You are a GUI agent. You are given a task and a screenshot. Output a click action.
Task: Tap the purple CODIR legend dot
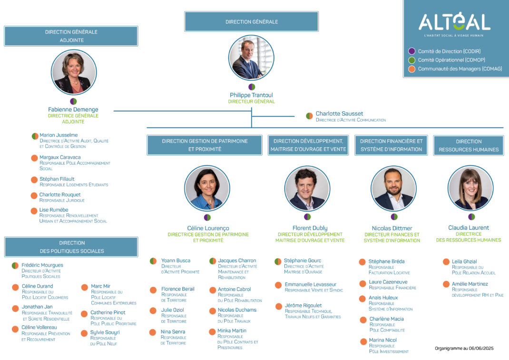pyautogui.click(x=411, y=51)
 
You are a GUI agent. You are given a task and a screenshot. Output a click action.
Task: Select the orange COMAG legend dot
pyautogui.click(x=411, y=69)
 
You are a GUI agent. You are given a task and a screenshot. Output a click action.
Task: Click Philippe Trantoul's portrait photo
pyautogui.click(x=251, y=58)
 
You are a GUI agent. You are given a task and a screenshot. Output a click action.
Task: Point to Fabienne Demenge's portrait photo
pyautogui.click(x=74, y=72)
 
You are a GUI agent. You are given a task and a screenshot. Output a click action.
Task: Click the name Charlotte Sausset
pyautogui.click(x=339, y=114)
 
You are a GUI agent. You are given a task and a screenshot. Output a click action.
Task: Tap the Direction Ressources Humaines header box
pyautogui.click(x=469, y=146)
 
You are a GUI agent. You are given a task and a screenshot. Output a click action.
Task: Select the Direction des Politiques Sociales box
pyautogui.click(x=71, y=247)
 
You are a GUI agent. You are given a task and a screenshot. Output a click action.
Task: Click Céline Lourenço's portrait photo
pyautogui.click(x=207, y=188)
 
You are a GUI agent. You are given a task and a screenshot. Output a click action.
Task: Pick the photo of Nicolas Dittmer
pyautogui.click(x=393, y=188)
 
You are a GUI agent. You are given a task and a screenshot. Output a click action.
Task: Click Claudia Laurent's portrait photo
pyautogui.click(x=470, y=188)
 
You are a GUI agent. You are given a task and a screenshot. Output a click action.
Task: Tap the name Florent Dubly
pyautogui.click(x=310, y=228)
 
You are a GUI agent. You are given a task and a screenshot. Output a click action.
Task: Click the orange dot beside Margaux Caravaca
pyautogui.click(x=34, y=158)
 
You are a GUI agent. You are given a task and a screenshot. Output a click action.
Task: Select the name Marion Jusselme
pyautogui.click(x=59, y=135)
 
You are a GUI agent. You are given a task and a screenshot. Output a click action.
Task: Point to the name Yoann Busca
pyautogui.click(x=176, y=260)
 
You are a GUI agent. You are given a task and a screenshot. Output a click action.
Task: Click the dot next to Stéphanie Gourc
pyautogui.click(x=278, y=261)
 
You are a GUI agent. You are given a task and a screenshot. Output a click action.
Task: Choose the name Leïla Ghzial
pyautogui.click(x=464, y=261)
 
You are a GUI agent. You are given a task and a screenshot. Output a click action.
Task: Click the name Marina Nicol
pyautogui.click(x=383, y=340)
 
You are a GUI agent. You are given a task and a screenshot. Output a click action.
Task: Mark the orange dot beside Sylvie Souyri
pyautogui.click(x=84, y=333)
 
